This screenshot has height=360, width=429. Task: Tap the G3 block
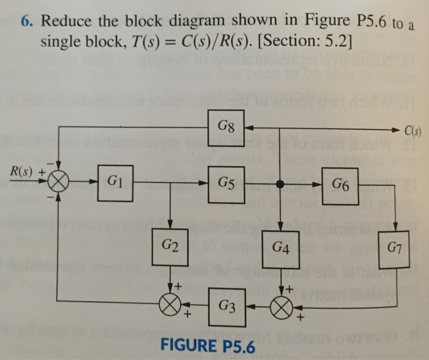click(x=227, y=304)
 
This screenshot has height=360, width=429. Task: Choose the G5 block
click(x=227, y=183)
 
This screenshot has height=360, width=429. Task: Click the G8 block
click(x=227, y=129)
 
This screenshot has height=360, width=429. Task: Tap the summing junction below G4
click(x=281, y=304)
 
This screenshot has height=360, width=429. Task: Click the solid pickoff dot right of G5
click(x=281, y=183)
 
